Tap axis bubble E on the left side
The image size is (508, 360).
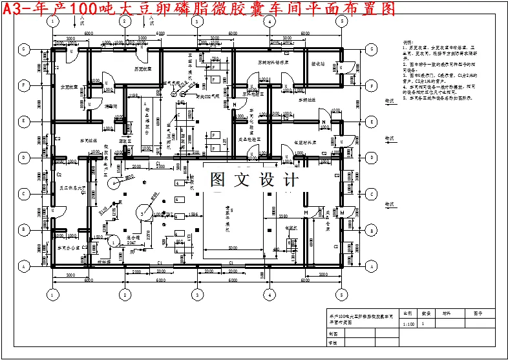24,121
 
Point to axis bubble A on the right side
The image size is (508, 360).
371,266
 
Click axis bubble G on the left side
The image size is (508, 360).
24,48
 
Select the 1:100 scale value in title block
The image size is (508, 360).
408,323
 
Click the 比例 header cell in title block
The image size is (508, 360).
408,313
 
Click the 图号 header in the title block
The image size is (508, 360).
478,313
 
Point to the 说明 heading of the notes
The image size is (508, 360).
407,41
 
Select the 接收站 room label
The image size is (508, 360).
319,65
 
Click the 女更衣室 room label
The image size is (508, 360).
69,87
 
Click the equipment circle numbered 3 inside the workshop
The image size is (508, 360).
142,212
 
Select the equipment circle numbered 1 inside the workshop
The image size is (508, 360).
113,241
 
